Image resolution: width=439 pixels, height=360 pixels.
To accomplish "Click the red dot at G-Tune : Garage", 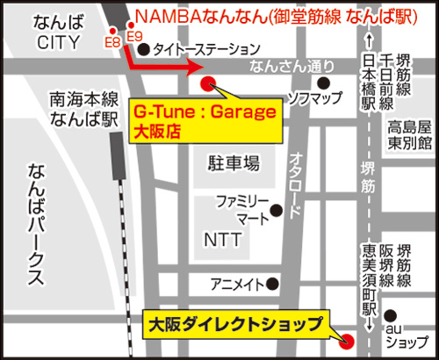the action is click(x=209, y=83).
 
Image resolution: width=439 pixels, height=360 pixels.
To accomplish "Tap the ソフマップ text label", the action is click(x=313, y=97).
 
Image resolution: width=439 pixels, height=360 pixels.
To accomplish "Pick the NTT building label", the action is click(x=221, y=239).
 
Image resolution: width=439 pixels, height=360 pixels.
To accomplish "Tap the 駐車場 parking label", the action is click(x=233, y=162).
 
